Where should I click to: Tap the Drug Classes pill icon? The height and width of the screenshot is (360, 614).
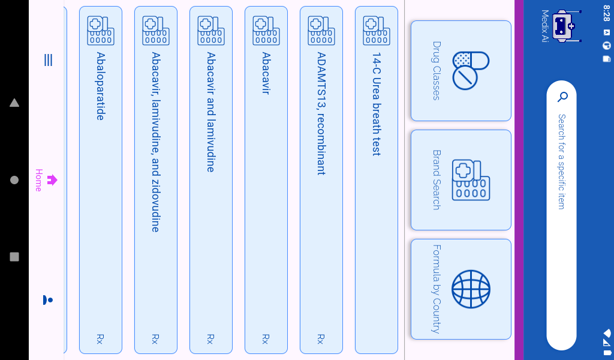pos(471,70)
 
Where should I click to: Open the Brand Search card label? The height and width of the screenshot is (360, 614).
pos(437,179)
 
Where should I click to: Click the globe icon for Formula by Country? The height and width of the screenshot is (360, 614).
pos(471,289)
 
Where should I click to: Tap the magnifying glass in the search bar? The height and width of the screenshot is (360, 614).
pos(562,97)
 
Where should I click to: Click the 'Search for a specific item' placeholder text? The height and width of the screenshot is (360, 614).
pos(561,161)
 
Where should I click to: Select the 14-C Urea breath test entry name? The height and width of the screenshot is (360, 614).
pos(377,104)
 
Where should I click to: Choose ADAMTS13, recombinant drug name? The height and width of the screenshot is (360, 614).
pos(321,113)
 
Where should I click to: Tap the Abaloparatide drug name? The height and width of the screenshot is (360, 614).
pos(101,86)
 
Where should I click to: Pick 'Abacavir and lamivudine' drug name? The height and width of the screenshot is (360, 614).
pos(211,112)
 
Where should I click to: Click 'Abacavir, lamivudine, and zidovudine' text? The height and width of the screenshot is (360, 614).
pos(156,142)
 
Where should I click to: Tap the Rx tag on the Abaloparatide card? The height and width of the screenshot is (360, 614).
pos(100,339)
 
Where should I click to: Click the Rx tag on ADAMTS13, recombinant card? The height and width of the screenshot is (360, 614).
pos(321,339)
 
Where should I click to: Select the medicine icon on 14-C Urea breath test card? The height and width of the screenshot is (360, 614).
pos(377,31)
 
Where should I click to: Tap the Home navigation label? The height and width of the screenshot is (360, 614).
pos(39,180)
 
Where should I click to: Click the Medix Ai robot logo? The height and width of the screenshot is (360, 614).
pos(565,26)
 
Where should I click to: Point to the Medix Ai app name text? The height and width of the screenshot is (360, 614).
pos(544,26)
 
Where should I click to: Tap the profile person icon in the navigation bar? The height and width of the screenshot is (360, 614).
pos(48,299)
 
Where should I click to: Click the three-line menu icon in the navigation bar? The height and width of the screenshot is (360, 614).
pos(48,60)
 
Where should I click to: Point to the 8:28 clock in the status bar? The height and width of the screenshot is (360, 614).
pos(606,13)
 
